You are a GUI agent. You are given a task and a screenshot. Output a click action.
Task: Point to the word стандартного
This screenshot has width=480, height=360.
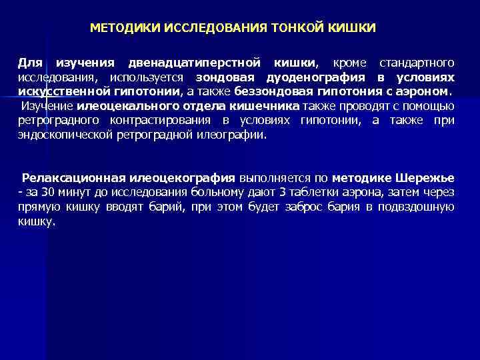417,63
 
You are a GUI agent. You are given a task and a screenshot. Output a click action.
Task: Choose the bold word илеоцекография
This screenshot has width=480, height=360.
189,178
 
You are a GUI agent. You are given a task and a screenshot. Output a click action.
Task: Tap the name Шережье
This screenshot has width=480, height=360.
425,178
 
